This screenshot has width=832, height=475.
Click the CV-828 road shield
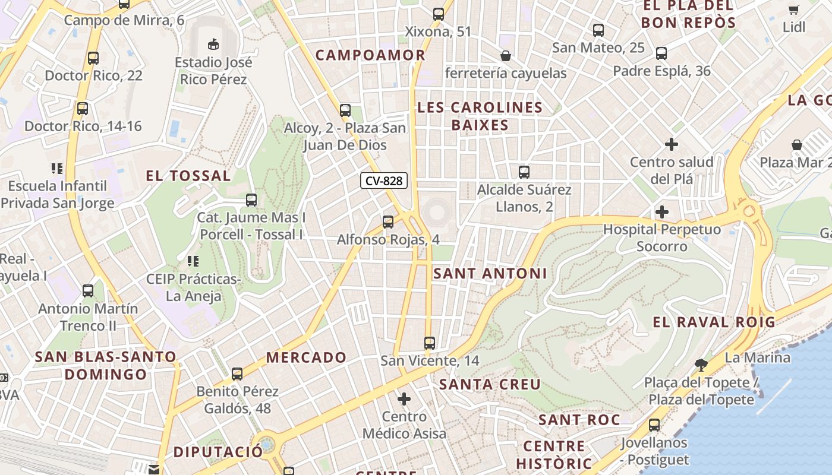pos(384,180)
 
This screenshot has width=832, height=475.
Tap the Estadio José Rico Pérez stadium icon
pos(213,44)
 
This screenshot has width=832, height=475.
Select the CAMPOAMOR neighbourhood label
pos(370,55)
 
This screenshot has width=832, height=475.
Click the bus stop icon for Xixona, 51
pos(439,14)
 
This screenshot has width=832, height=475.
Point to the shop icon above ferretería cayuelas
pos(505,56)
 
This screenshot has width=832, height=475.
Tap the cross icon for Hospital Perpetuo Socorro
pos(661,212)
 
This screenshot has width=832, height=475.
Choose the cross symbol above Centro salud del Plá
pos(672,144)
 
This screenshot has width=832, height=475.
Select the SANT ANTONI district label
pos(490,274)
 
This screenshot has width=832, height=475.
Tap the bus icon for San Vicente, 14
pos(429,343)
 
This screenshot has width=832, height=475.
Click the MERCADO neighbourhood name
pos(306,357)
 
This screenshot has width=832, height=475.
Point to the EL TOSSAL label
pos(188,176)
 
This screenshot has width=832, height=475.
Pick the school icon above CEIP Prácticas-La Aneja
pos(193,261)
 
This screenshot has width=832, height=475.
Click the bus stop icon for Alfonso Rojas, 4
pos(388,222)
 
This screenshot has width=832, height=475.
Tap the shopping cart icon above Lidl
pos(793,9)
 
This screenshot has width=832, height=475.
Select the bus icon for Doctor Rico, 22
pos(93,58)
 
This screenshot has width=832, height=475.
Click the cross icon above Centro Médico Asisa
pos(404,399)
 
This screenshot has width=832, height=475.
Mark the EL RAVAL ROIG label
pos(714,322)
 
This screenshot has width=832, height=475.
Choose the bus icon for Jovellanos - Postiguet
pos(654,425)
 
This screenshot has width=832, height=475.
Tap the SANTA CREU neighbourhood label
pos(490,384)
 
